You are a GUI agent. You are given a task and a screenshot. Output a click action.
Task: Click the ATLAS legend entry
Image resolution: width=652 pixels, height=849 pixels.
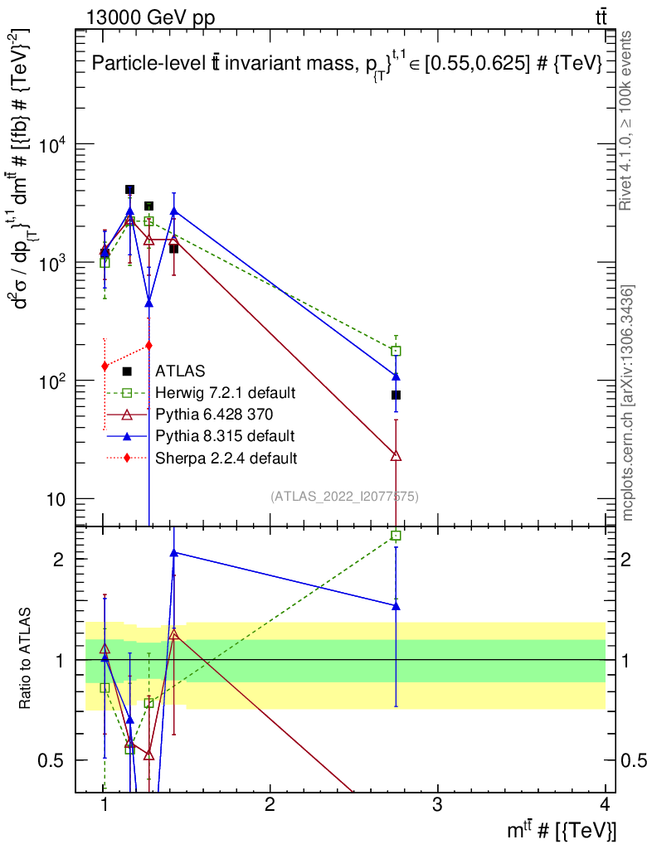click(x=180, y=371)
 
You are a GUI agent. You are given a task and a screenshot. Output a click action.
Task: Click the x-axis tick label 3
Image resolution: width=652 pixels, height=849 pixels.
click(x=437, y=804)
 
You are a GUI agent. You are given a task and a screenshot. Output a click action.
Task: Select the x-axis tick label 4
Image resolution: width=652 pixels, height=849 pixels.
click(x=604, y=804)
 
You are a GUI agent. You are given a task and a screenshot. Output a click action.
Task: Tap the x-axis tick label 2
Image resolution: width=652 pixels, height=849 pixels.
click(x=270, y=804)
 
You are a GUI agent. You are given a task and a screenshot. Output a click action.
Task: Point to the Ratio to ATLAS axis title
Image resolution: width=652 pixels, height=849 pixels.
click(x=27, y=659)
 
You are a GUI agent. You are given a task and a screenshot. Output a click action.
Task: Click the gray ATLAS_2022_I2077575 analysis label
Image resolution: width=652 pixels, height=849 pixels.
click(x=344, y=497)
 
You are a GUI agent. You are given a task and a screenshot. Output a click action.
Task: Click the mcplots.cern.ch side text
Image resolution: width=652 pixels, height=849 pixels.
click(x=628, y=402)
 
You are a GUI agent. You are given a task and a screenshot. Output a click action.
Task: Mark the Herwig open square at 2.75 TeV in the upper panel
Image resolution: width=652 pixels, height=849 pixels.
click(x=396, y=351)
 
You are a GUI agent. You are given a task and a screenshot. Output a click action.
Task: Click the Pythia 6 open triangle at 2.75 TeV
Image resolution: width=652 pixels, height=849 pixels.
click(x=396, y=455)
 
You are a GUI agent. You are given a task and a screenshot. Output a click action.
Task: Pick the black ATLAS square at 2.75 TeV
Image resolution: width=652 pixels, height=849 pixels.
click(x=396, y=395)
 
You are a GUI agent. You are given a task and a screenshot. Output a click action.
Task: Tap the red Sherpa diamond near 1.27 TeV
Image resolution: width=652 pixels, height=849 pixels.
click(x=148, y=345)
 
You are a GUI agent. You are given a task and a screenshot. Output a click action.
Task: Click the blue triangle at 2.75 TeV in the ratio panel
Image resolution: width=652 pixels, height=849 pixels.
click(x=396, y=606)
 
